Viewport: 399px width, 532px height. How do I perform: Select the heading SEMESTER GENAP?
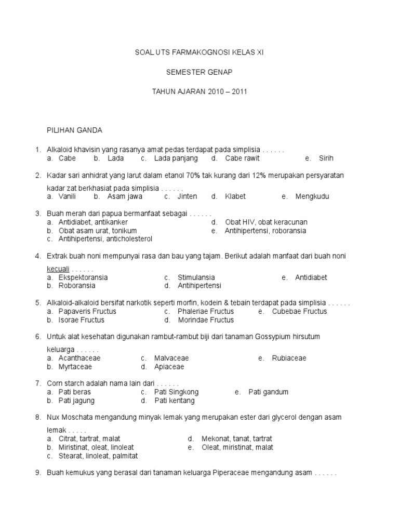199,72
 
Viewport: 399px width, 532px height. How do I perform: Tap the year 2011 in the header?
240,91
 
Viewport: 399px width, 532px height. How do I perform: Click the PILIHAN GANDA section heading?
75,130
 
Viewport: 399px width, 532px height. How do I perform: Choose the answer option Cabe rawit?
242,158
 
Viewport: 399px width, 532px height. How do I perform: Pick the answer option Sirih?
326,158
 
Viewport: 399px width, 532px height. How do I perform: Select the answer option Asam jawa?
125,197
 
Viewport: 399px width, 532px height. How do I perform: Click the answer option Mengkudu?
312,197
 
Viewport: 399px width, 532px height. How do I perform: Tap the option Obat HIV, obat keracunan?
266,222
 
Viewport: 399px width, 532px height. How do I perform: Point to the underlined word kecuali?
58,269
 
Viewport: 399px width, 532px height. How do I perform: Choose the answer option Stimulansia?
196,277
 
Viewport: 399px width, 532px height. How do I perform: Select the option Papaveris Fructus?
87,311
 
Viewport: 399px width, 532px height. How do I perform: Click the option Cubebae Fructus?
299,311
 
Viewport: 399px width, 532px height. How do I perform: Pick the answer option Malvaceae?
171,358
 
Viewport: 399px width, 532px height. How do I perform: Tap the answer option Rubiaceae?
289,358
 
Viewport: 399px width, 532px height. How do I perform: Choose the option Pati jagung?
76,401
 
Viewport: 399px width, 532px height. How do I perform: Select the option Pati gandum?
268,392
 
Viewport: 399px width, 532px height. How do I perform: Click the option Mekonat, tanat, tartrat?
248,438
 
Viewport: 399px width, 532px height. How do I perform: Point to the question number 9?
37,473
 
